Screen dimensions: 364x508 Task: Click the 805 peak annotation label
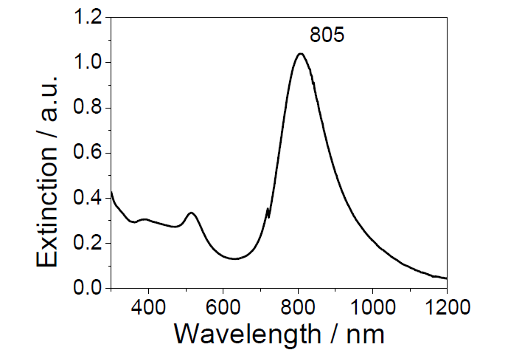(327, 35)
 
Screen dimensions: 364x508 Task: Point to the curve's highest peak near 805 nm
(300, 54)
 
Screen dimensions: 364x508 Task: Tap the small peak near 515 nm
(192, 213)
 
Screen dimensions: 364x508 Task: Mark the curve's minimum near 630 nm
(234, 258)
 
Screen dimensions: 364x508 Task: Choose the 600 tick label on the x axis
(223, 305)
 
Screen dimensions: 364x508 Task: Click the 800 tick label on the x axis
(298, 305)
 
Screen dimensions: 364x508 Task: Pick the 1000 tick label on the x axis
(372, 305)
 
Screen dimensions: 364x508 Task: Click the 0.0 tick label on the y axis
(88, 289)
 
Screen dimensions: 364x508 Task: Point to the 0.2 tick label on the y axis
(88, 244)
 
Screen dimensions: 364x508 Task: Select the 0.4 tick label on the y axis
(88, 198)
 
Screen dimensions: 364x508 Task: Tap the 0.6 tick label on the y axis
(88, 153)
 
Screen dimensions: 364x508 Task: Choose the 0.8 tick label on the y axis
(88, 108)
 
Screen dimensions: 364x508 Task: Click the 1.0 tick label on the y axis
(88, 63)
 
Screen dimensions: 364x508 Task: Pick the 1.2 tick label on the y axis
(88, 18)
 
